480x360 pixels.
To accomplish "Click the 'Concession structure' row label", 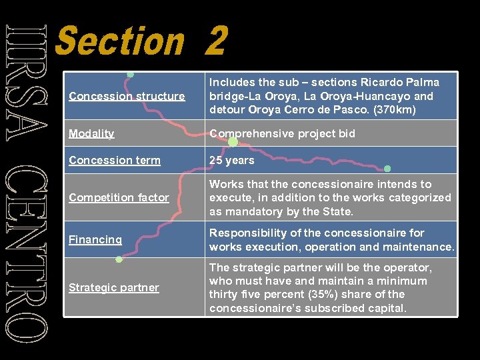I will click(127, 96).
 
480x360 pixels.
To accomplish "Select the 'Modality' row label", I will click(91, 133).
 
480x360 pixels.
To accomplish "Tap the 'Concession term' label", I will click(115, 160).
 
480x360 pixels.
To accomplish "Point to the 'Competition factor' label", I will click(119, 197).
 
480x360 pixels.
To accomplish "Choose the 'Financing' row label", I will click(95, 239).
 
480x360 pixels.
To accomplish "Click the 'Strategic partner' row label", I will click(113, 287).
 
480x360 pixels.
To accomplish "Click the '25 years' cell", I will click(232, 160).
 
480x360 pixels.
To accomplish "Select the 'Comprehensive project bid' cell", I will click(282, 133).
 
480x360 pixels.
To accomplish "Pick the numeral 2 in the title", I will click(217, 41).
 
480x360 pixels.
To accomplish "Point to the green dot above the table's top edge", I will click(131, 74).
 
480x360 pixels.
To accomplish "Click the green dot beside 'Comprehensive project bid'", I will click(233, 141).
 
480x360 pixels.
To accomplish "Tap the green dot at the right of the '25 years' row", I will click(387, 168).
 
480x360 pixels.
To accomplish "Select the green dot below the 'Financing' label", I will click(119, 259).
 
